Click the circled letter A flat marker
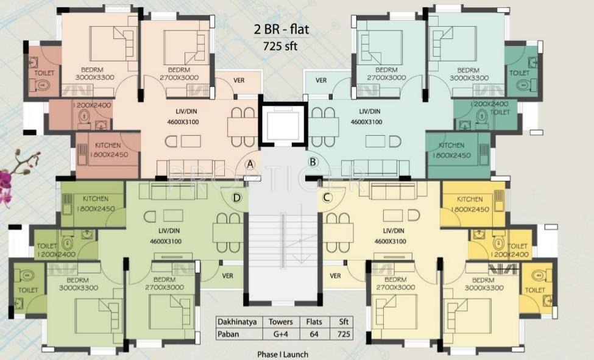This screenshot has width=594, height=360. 250,163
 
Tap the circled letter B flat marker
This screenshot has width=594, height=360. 313,161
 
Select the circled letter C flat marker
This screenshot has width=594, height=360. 327,197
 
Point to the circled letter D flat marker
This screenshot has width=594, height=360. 237,197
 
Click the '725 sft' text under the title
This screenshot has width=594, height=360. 280,46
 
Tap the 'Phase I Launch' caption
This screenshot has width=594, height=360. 283,354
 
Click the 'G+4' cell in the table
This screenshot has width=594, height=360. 280,334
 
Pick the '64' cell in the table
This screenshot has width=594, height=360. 314,334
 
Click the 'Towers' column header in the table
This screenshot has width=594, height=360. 280,322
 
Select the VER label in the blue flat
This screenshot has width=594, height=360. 321,80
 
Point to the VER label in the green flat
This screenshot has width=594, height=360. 228,275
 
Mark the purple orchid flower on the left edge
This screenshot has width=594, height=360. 6,180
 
